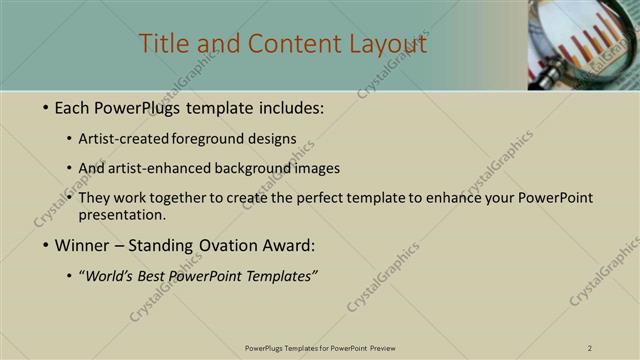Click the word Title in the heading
pos(161,45)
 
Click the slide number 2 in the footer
pos(590,348)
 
